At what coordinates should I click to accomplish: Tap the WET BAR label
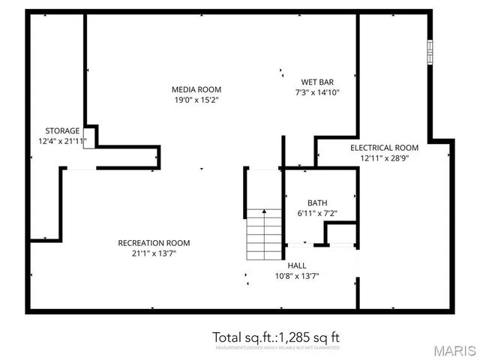317,82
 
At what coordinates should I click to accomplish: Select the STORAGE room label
62,130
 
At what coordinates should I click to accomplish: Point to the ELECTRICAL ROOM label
384,148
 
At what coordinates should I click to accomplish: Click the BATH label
316,203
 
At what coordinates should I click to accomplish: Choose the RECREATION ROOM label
154,243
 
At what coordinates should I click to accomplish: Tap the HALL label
297,265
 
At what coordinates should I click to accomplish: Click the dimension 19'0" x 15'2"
196,100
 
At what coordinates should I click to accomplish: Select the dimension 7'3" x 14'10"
317,93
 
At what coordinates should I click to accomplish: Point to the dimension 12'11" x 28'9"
384,158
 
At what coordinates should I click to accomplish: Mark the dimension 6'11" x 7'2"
316,214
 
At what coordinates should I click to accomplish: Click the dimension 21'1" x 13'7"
154,253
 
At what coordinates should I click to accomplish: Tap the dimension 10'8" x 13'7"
297,276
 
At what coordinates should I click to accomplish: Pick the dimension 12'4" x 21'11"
62,141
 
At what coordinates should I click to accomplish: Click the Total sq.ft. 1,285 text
281,336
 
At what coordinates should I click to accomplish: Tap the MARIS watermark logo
454,350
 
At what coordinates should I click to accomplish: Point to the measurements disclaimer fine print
278,348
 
